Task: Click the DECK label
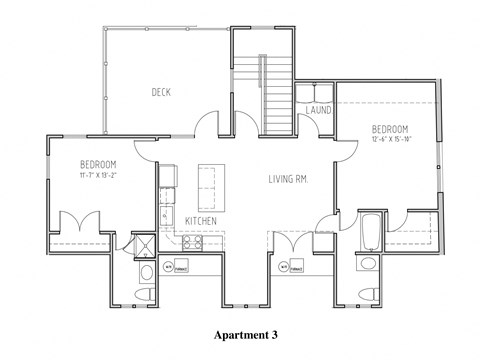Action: point(162,92)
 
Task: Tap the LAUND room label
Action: point(319,109)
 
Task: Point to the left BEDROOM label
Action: point(98,164)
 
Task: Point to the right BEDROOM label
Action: point(389,129)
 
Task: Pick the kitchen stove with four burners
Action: point(191,242)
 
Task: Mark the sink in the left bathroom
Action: point(147,270)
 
